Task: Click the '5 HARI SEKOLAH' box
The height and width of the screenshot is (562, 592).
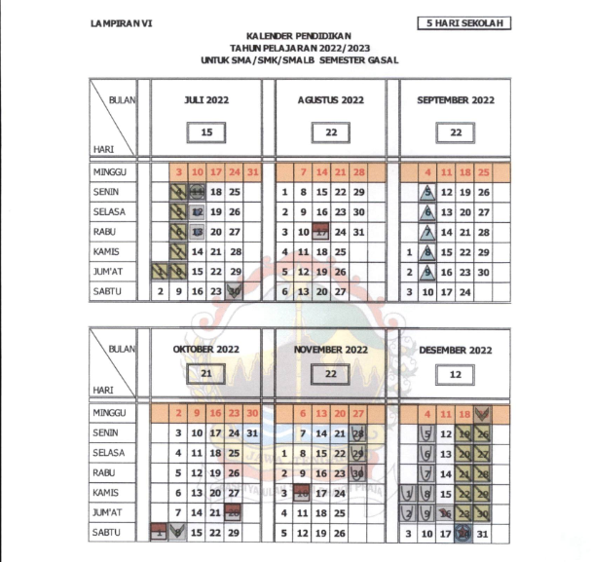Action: [463, 22]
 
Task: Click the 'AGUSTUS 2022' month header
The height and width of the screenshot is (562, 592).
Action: [331, 99]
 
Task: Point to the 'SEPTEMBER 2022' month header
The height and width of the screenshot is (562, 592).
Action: [456, 99]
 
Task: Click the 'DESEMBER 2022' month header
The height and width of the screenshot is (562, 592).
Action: [456, 349]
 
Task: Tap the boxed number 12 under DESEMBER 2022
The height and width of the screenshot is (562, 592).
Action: [456, 373]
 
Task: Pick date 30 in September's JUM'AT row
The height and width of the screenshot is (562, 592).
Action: [484, 273]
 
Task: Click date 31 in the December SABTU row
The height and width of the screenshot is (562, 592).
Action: [484, 533]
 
